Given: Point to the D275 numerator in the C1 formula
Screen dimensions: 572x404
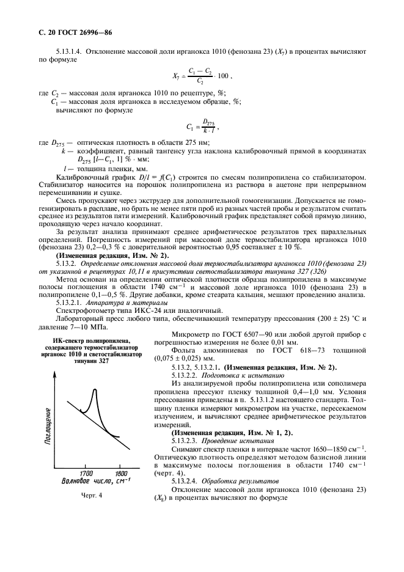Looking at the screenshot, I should tap(209, 122).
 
